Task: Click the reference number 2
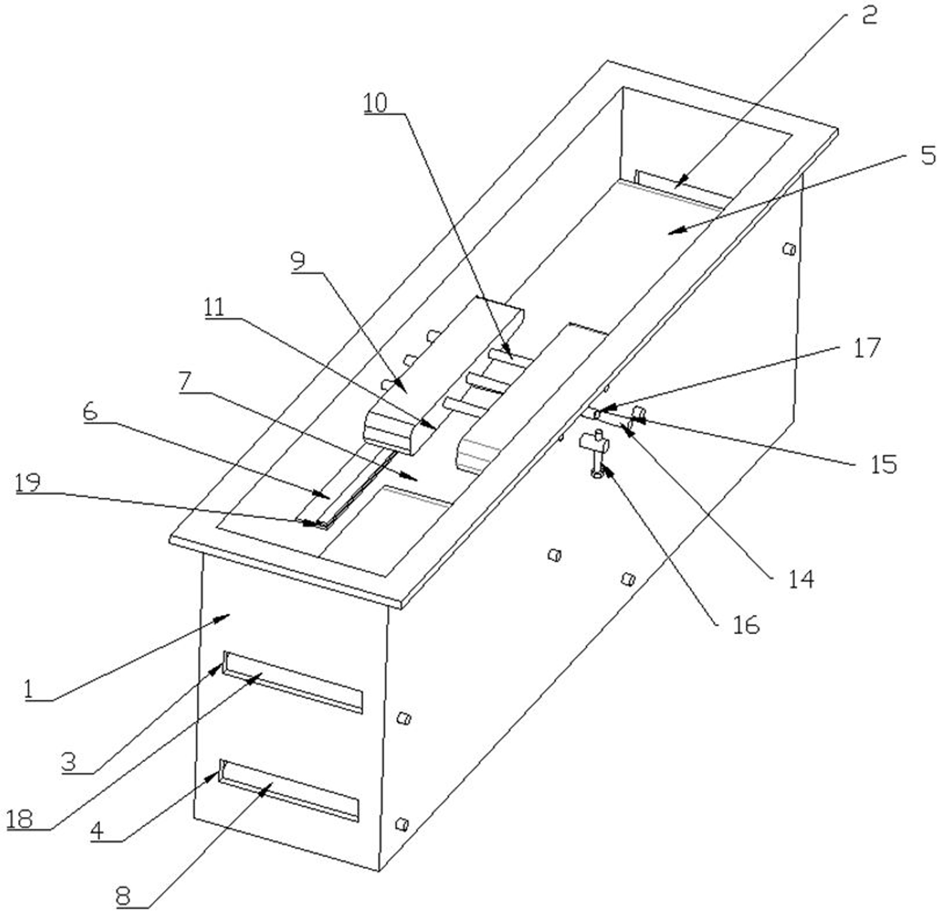click(868, 16)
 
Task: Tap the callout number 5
click(928, 156)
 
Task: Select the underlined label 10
click(375, 104)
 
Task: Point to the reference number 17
click(867, 348)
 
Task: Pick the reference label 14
click(801, 579)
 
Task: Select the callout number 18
click(20, 819)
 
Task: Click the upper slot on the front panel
click(293, 682)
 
